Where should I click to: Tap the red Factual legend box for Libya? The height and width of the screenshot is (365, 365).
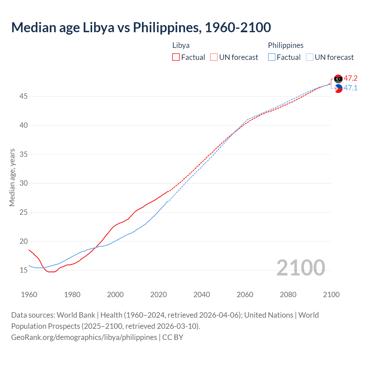[176, 57]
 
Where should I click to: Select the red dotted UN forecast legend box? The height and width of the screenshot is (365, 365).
[214, 57]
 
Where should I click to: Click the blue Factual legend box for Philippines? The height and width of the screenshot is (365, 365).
[272, 57]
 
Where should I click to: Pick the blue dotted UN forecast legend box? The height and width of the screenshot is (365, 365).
[310, 57]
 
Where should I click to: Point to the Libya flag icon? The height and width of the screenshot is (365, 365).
[338, 79]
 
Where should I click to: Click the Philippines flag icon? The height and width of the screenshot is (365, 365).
[338, 88]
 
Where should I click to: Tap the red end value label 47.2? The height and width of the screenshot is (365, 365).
[350, 78]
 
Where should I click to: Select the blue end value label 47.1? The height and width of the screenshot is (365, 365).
[350, 88]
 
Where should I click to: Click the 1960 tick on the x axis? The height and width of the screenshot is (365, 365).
[29, 295]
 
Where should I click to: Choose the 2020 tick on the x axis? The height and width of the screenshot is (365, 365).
[159, 295]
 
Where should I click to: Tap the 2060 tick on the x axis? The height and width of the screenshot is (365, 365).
[245, 295]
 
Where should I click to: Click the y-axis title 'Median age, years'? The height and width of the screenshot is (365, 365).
[12, 177]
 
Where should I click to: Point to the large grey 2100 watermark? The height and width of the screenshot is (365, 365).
[301, 267]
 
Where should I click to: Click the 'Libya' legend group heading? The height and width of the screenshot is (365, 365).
[181, 45]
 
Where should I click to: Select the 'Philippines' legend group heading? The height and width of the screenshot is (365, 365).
[285, 45]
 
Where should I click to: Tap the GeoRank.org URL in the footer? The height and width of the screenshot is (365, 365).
[84, 337]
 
